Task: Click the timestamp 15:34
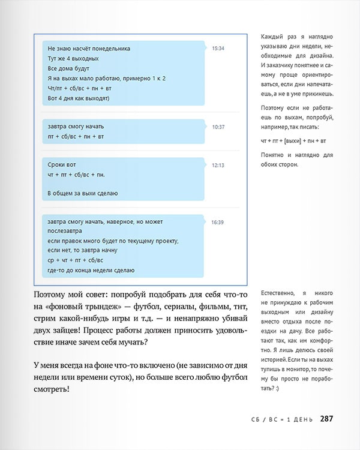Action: click(x=218, y=48)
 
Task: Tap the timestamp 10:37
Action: click(x=218, y=127)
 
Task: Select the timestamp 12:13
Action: click(x=218, y=165)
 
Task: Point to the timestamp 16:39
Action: click(x=218, y=223)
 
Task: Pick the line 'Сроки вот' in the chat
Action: click(x=62, y=164)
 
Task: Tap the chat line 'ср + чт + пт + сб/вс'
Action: click(x=75, y=260)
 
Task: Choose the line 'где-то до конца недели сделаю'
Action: click(x=91, y=270)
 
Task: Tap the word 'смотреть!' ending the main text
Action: click(x=52, y=389)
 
